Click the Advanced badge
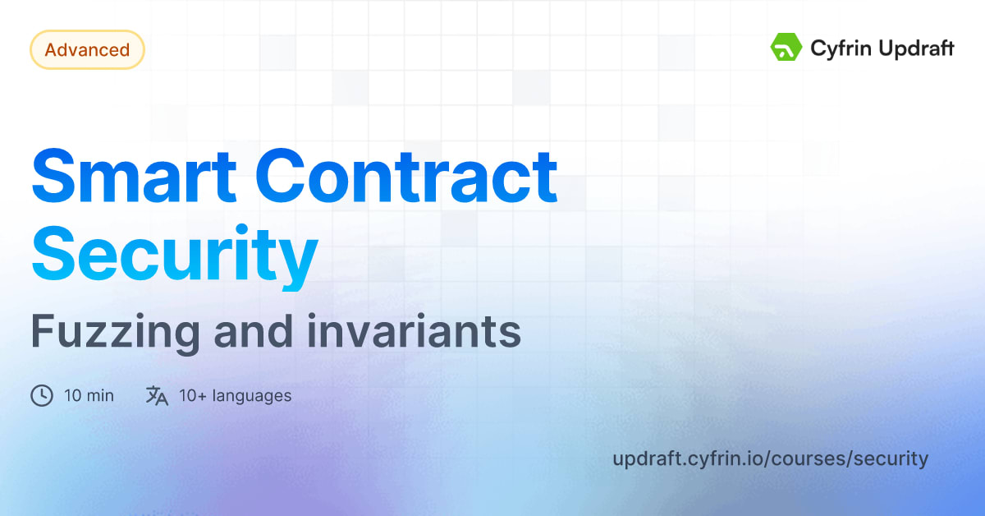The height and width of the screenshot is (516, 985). coord(87,50)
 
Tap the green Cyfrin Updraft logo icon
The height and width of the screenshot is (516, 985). coord(786,48)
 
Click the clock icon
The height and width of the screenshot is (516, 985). coord(42,396)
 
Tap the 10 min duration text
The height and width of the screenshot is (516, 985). coord(89,396)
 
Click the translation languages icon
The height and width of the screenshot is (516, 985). coord(157,396)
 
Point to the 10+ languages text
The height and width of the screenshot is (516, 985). coord(235,396)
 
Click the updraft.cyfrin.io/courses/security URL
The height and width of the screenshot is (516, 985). coord(770,458)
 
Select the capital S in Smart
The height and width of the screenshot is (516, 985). coord(56,177)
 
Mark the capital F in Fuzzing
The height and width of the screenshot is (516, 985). coord(41,332)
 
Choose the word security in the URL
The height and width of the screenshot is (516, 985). coord(891,458)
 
